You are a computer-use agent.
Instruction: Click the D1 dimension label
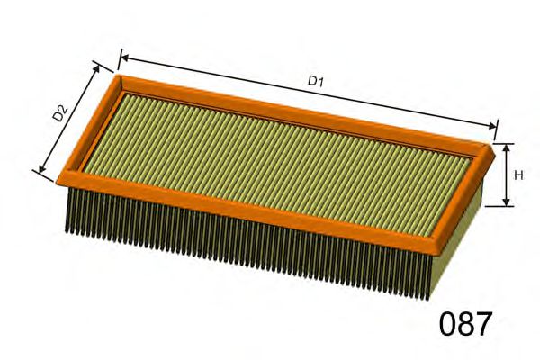pos(316,81)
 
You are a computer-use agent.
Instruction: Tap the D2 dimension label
pos(60,113)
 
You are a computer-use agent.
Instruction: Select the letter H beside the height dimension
pos(517,175)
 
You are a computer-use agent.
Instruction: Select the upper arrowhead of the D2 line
pos(98,66)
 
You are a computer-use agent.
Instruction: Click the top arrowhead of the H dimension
pos(506,147)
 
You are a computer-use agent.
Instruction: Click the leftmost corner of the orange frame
pos(59,177)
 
